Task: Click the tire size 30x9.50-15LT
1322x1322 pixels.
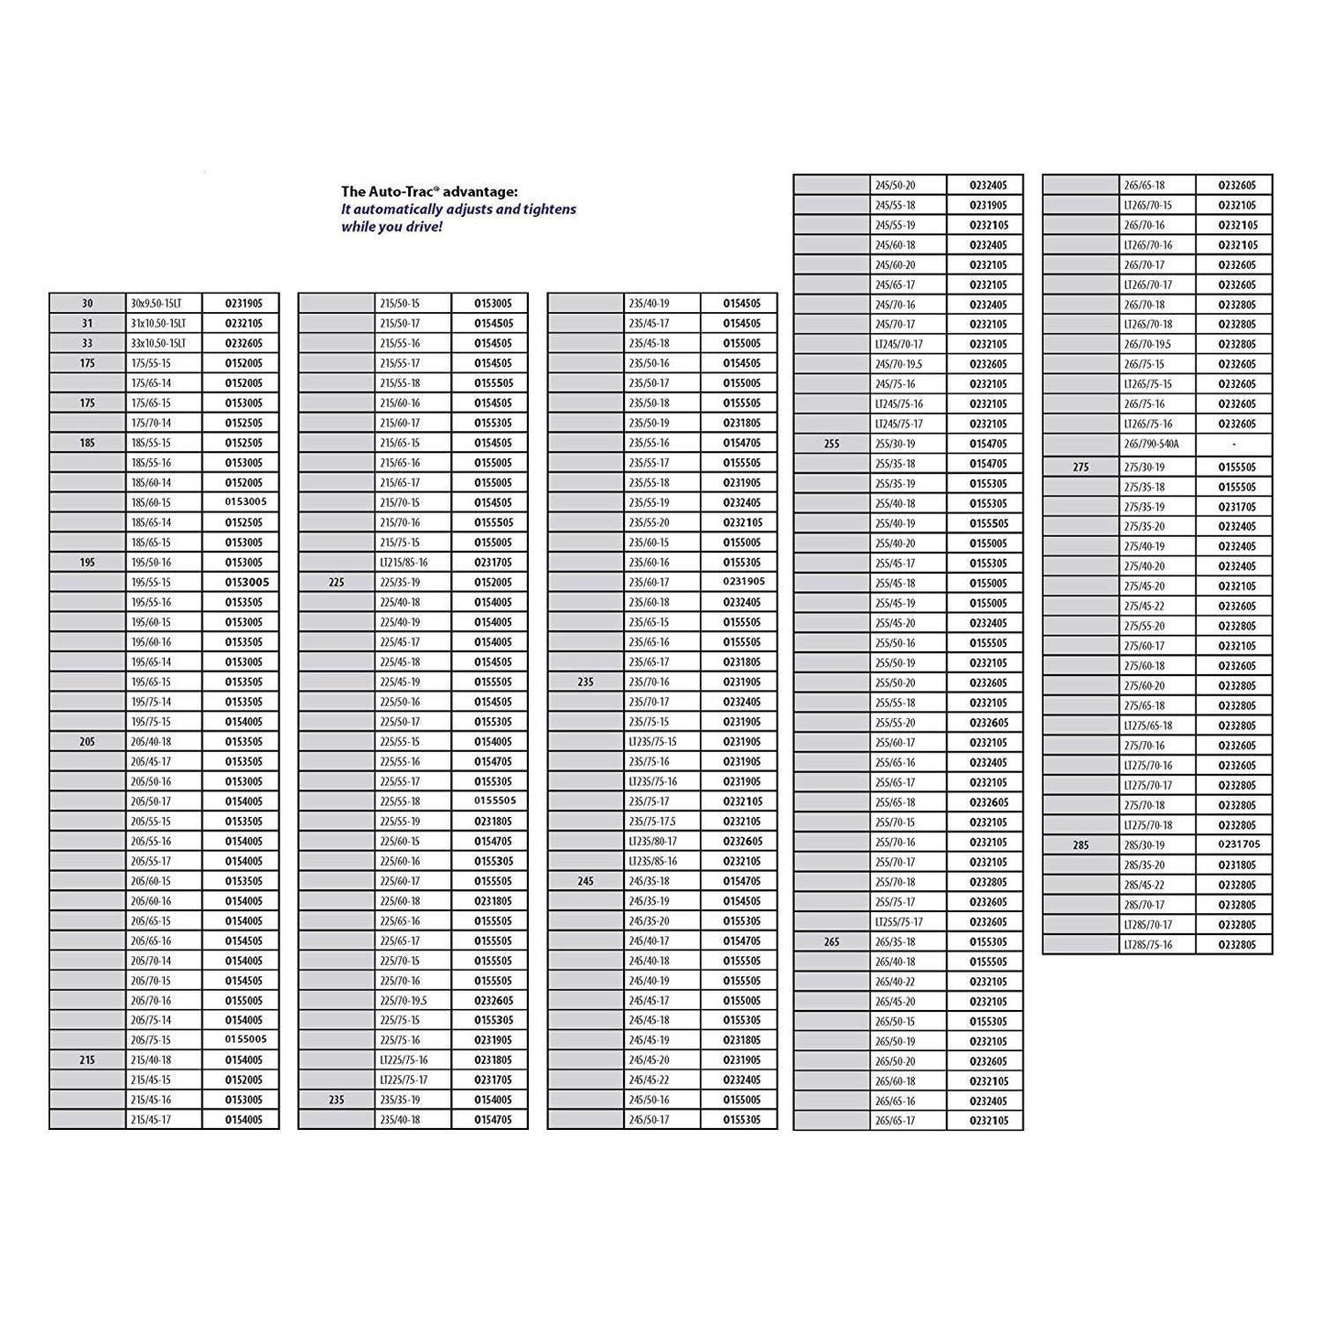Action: click(159, 304)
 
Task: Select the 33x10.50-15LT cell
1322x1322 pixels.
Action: click(159, 343)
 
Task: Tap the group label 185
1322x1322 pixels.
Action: click(87, 443)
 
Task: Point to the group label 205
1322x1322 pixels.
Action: click(87, 742)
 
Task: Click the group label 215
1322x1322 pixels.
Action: click(87, 1060)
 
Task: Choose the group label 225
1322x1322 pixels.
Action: click(336, 583)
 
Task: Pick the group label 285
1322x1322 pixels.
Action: click(1080, 845)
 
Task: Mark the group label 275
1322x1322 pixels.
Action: click(1080, 468)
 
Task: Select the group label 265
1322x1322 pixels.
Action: click(831, 942)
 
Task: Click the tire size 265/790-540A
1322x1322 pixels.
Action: click(1151, 445)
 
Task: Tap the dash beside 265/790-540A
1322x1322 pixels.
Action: click(1234, 445)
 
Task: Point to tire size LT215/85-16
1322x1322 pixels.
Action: click(403, 563)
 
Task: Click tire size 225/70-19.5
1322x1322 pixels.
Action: click(403, 1001)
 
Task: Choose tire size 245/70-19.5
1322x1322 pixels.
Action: click(898, 364)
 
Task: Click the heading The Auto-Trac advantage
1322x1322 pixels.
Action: click(429, 191)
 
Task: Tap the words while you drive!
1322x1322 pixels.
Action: click(392, 226)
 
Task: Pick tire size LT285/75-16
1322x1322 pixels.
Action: click(1147, 945)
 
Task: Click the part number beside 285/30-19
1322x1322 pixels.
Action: click(1234, 844)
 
